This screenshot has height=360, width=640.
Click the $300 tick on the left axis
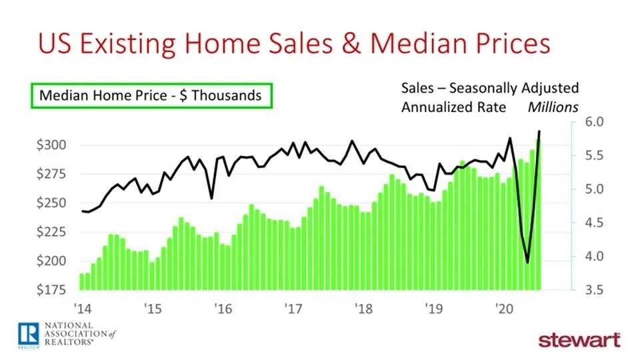[53, 145]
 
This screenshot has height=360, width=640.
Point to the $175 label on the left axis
[53, 290]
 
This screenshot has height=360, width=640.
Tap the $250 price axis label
[53, 203]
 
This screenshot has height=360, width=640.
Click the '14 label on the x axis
[82, 309]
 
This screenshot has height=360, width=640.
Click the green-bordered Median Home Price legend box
[151, 95]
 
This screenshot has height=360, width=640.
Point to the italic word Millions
[553, 107]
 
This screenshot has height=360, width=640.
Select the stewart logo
[579, 339]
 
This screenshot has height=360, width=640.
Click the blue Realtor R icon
[28, 331]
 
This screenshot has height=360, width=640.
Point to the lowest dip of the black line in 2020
[527, 263]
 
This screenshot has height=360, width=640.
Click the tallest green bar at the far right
[538, 213]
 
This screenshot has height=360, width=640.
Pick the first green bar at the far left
[82, 282]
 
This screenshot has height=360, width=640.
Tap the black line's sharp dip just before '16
[211, 198]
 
